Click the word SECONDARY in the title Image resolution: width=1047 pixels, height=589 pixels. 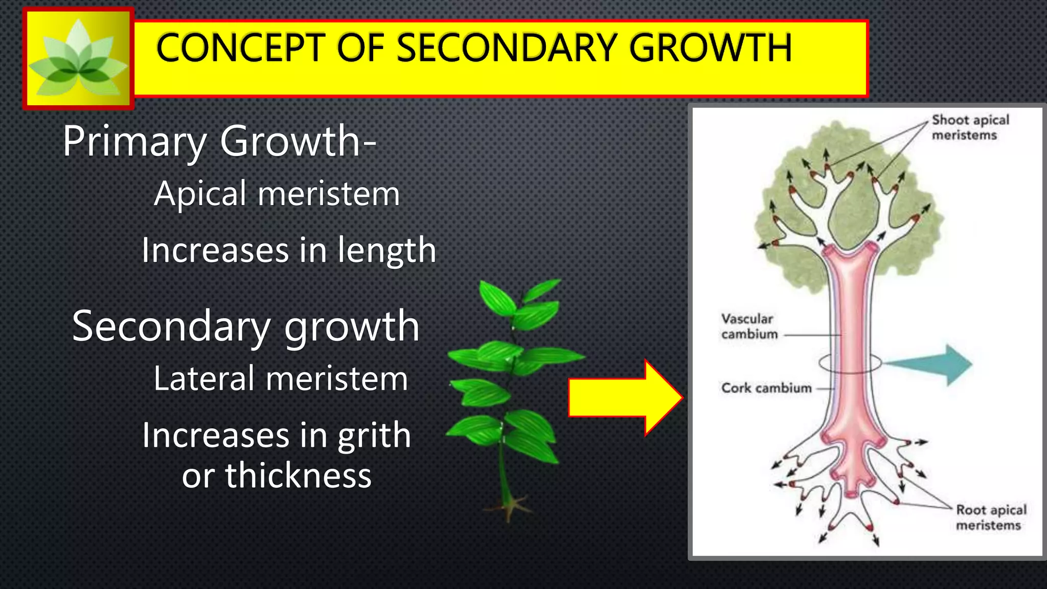coord(507,48)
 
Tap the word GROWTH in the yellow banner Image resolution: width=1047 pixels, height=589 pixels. coord(711,48)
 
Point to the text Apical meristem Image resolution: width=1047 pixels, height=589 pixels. coord(277,194)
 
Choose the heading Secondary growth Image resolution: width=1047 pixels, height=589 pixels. coord(246,327)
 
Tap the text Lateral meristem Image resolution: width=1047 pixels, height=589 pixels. coord(281,379)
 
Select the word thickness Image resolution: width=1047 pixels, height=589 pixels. coord(299,476)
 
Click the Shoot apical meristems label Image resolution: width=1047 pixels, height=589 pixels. coord(970,127)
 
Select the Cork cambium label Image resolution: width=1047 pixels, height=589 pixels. coord(766,388)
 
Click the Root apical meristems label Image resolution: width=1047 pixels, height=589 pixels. coord(991,517)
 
